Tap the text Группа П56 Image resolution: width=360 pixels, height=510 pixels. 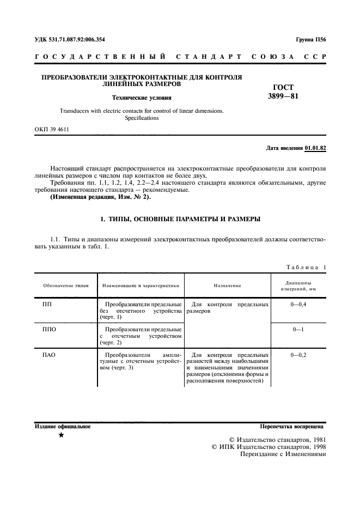tap(311, 40)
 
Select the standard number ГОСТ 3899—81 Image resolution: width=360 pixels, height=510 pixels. tap(284, 92)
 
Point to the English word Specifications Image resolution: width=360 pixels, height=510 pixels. tap(142, 118)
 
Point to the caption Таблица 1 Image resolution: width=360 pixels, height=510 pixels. tap(306, 266)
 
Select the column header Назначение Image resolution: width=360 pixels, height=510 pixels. tap(228, 286)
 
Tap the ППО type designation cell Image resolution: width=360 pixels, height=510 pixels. tap(50, 330)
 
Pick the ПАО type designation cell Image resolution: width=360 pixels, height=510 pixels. tap(50, 355)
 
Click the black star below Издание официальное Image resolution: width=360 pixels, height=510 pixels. tap(61, 435)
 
